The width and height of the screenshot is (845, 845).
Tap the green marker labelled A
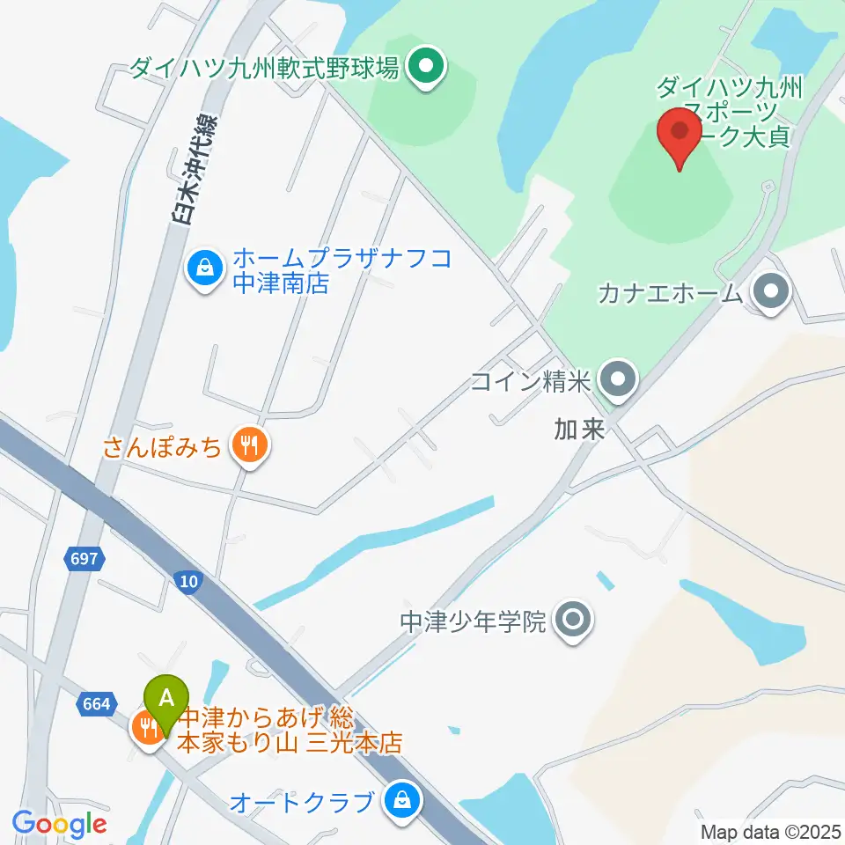click(167, 700)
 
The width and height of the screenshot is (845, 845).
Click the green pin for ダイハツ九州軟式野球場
click(428, 67)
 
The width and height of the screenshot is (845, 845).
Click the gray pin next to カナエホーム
click(772, 292)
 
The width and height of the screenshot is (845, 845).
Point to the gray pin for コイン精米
click(617, 380)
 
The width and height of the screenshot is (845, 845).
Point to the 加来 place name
click(580, 430)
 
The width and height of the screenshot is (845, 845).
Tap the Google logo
click(59, 824)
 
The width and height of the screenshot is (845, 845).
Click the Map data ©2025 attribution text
click(771, 832)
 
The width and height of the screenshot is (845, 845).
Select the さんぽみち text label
click(163, 447)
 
